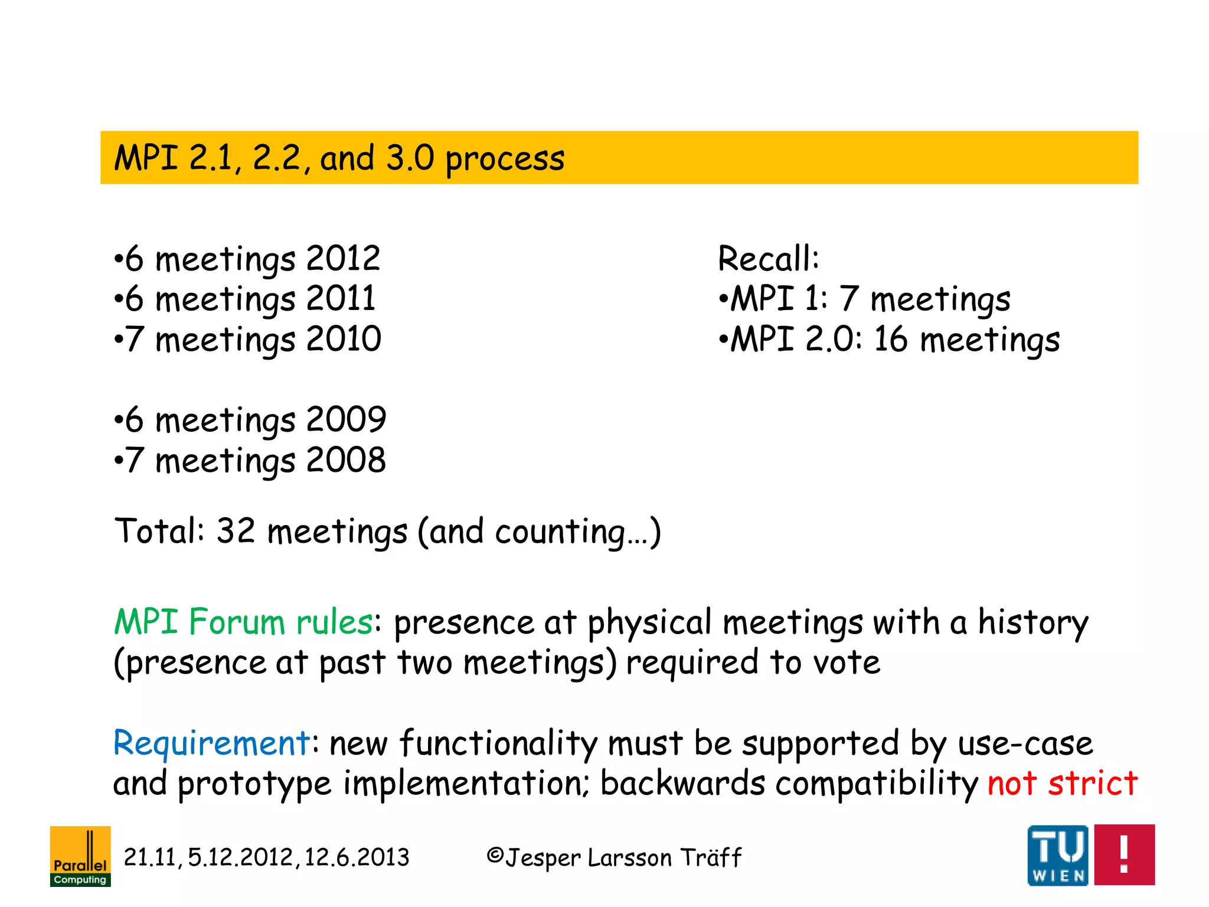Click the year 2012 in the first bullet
point(343,259)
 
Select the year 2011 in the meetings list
point(341,299)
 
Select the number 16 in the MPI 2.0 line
point(890,340)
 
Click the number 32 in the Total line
point(236,531)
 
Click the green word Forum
point(237,622)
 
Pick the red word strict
point(1093,783)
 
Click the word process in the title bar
point(505,159)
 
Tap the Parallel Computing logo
point(80,856)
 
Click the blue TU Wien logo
point(1057,855)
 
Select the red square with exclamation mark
point(1124,855)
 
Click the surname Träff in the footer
point(711,857)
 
